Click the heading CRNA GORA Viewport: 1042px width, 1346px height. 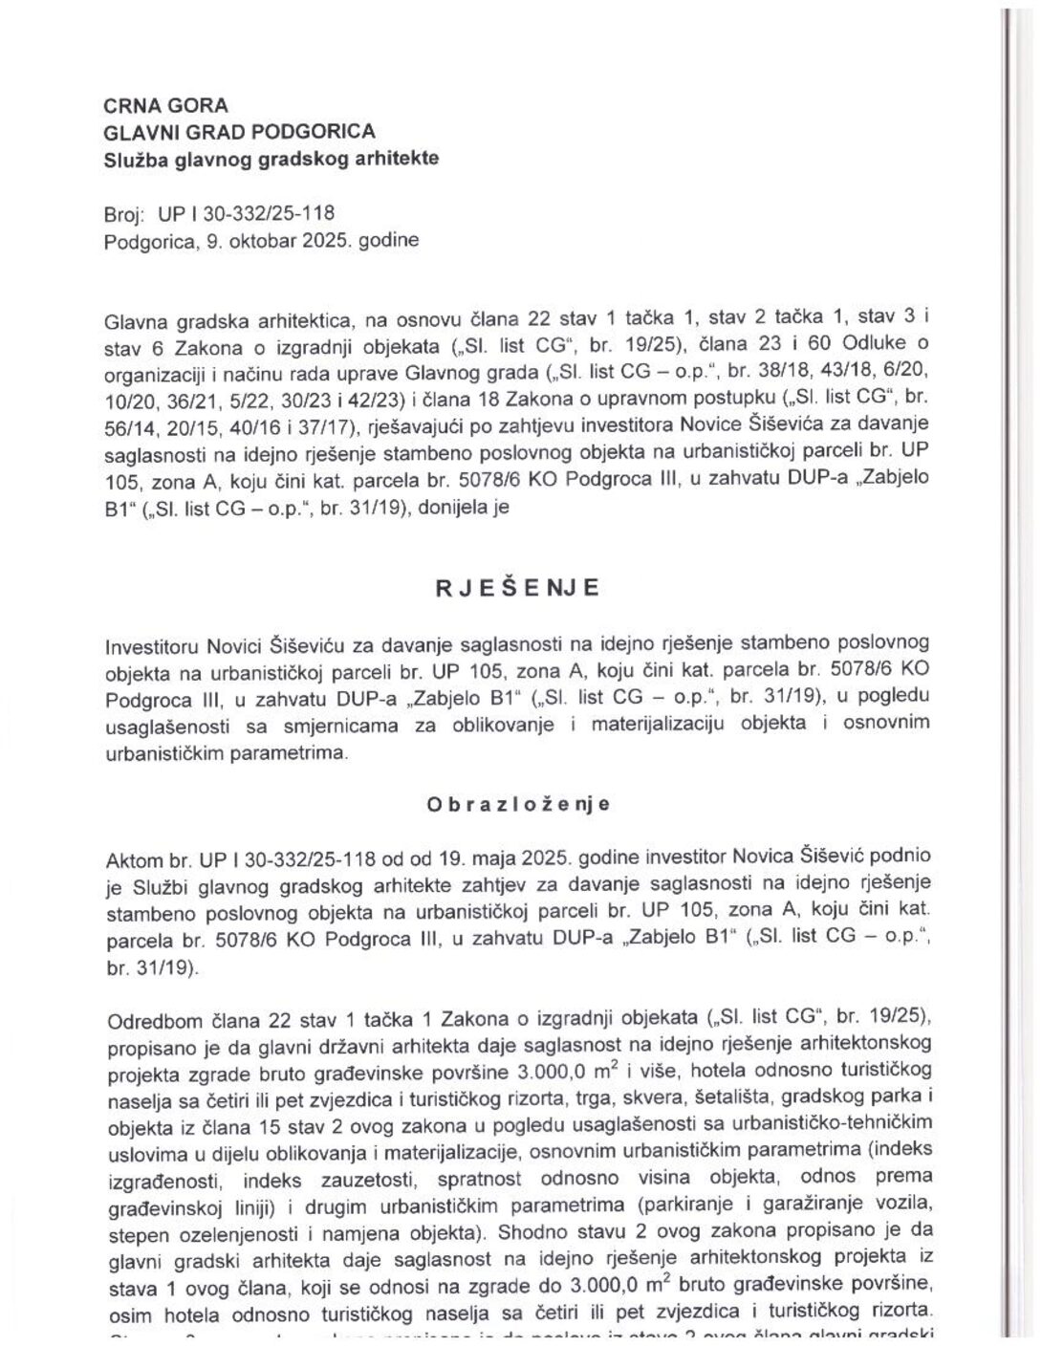coord(165,106)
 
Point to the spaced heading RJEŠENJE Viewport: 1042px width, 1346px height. coord(518,588)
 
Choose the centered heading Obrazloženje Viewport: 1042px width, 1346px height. coord(518,805)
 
